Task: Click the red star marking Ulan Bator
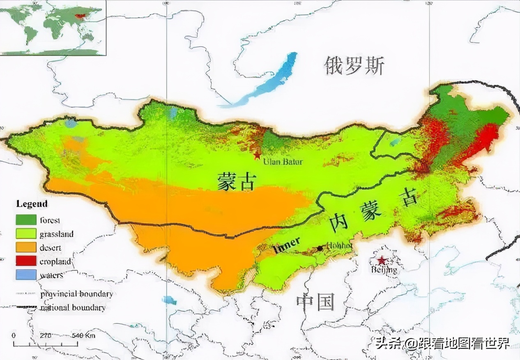click(257, 155)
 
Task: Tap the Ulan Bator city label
click(283, 162)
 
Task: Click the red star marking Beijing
click(382, 260)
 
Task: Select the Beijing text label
click(384, 270)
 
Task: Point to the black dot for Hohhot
click(320, 248)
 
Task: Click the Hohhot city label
click(339, 245)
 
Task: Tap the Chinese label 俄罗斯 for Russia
click(354, 66)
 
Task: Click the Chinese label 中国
click(315, 302)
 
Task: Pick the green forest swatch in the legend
click(26, 220)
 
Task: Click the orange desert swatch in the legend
click(26, 247)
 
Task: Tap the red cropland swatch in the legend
click(26, 261)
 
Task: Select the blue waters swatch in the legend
click(26, 275)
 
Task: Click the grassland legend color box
click(26, 234)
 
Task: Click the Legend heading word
click(32, 204)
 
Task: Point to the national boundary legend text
click(72, 307)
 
